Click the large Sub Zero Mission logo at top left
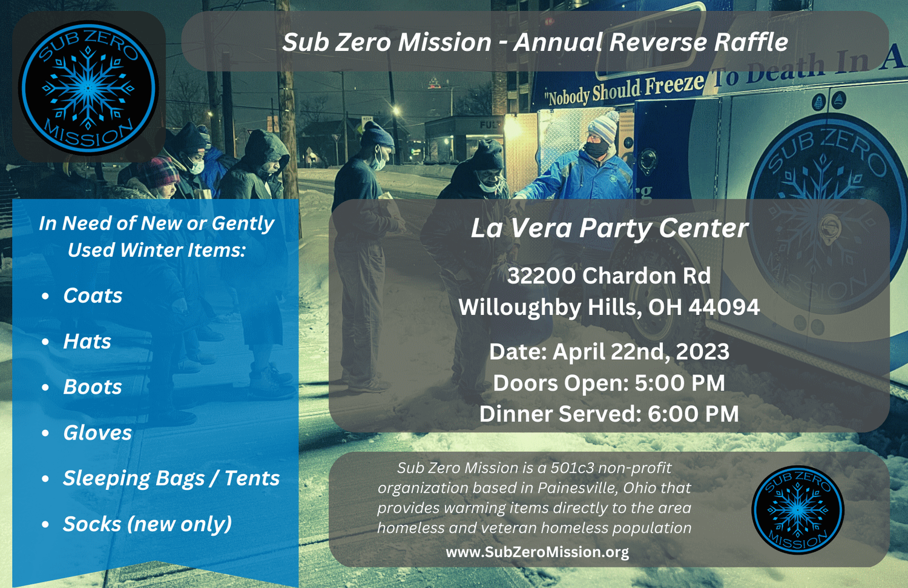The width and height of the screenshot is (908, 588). tap(88, 88)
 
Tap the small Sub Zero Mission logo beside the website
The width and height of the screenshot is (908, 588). tap(797, 510)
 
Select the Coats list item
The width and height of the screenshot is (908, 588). tap(93, 296)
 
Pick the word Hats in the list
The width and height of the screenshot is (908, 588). tap(87, 341)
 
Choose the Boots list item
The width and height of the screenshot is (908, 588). tap(93, 387)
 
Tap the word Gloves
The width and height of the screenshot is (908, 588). tap(97, 433)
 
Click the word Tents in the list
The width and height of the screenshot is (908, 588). tap(252, 478)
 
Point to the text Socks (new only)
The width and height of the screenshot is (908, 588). tap(148, 524)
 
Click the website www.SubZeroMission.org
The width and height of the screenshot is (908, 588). tap(538, 552)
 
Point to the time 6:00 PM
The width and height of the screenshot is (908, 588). tap(693, 414)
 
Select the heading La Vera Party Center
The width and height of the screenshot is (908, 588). tap(609, 228)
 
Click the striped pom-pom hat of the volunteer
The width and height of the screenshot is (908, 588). tap(604, 127)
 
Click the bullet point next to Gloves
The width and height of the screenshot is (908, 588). tap(45, 433)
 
